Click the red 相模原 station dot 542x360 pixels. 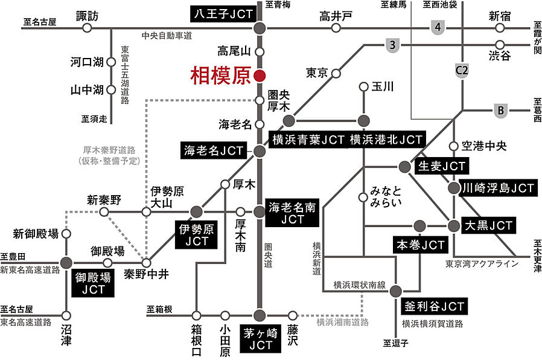pyautogui.click(x=260, y=76)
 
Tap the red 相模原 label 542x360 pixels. pyautogui.click(x=218, y=76)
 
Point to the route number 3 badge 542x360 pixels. pyautogui.click(x=392, y=45)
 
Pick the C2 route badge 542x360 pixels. pyautogui.click(x=462, y=71)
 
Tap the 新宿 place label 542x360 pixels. pyautogui.click(x=499, y=15)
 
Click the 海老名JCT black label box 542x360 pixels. pyautogui.click(x=214, y=150)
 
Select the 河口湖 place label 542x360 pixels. pyautogui.click(x=88, y=62)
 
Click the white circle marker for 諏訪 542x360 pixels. pyautogui.click(x=88, y=28)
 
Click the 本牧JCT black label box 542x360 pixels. pyautogui.click(x=420, y=245)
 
